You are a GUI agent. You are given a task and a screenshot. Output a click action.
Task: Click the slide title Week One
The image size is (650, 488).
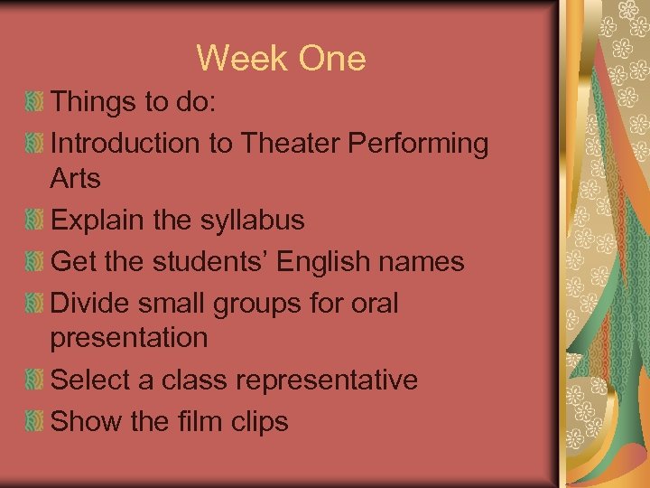(x=281, y=59)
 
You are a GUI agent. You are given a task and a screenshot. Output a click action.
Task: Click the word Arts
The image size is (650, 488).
(x=75, y=179)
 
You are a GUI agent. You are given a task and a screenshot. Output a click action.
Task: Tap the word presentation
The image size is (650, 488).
(x=129, y=339)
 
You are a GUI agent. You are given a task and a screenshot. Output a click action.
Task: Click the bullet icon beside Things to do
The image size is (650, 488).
(x=34, y=103)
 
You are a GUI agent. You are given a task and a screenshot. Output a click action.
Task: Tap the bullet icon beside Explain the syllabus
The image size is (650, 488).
(x=34, y=221)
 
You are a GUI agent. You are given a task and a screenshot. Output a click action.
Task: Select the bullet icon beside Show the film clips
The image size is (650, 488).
(x=34, y=421)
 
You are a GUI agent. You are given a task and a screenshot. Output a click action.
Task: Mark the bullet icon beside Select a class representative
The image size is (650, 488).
(x=34, y=380)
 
